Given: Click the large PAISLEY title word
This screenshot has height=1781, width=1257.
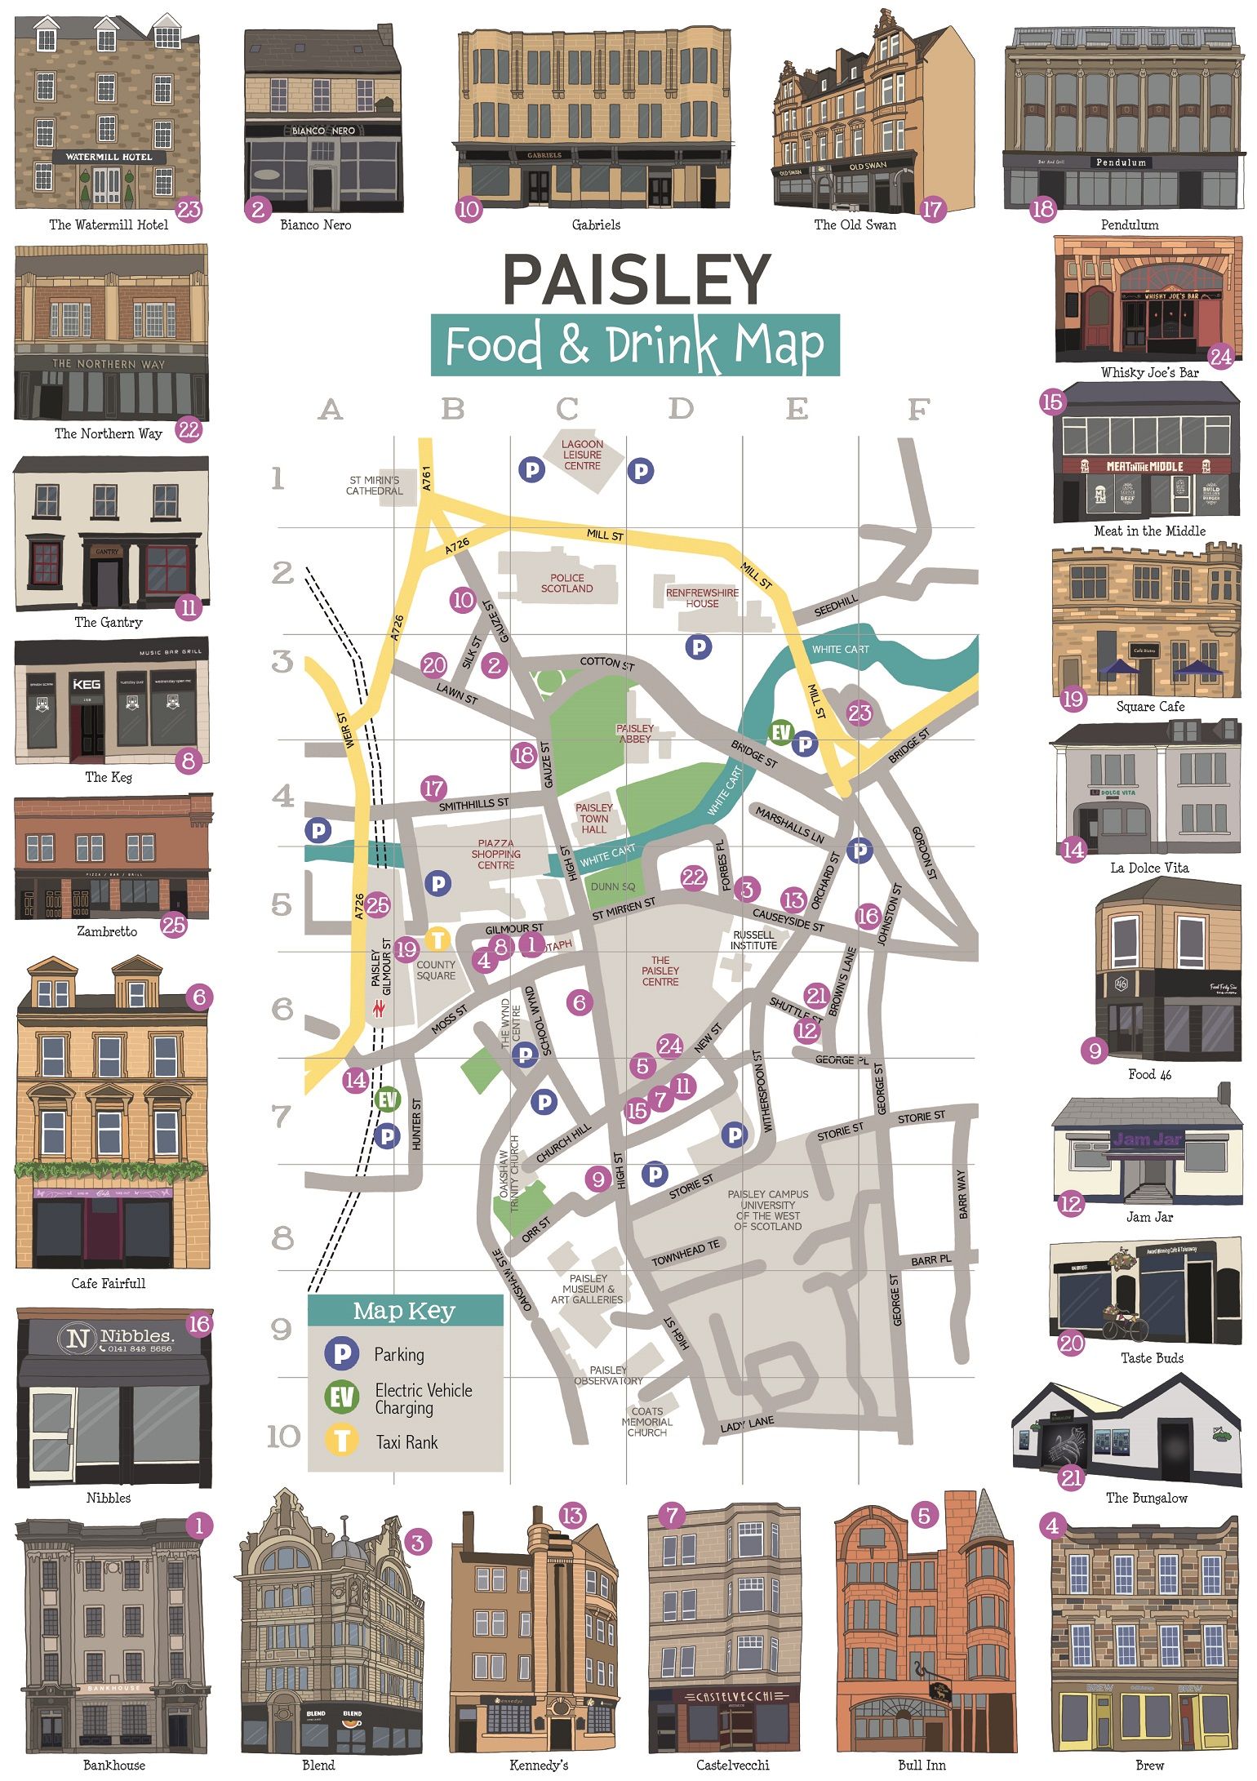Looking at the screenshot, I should (x=636, y=279).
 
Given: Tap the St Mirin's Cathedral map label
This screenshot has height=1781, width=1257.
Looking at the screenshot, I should (x=374, y=486).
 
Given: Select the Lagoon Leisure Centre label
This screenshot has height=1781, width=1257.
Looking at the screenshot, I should (x=582, y=455).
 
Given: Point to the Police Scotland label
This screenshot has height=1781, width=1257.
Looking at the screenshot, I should (x=566, y=583).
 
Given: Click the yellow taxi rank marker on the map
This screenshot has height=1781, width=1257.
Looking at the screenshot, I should (x=438, y=939).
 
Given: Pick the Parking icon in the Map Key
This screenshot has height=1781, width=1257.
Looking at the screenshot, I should (x=342, y=1354).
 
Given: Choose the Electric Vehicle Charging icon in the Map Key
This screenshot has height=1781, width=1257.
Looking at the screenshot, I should (x=342, y=1397).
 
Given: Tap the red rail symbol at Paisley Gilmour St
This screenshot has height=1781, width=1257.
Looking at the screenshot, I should (x=379, y=1009).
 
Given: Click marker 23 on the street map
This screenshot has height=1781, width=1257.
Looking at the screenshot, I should (x=859, y=713).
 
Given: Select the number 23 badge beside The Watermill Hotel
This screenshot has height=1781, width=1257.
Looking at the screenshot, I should (x=189, y=210).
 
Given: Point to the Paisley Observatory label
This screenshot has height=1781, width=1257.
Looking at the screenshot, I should (x=609, y=1375).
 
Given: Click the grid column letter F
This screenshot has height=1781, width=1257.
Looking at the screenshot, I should (x=918, y=408).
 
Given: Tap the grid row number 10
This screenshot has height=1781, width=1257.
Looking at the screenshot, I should (x=283, y=1437).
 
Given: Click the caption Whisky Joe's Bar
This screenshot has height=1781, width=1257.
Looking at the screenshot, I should (x=1149, y=373).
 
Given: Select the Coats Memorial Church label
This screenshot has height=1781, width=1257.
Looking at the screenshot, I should (x=647, y=1421).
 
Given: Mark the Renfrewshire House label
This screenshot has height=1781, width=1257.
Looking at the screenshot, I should (x=702, y=598).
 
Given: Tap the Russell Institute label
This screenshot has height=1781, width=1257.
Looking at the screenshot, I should (x=753, y=940).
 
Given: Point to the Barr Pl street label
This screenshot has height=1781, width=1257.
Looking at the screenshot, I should (x=931, y=1260).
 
